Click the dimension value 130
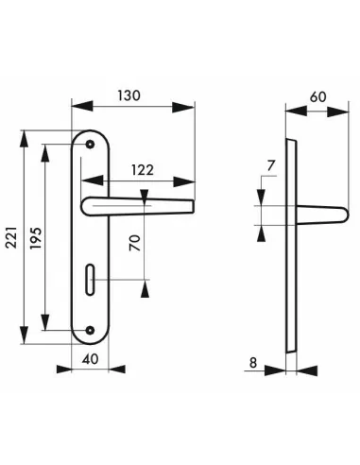click(x=129, y=95)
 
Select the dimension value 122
click(x=143, y=170)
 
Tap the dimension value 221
click(x=11, y=237)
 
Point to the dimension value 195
click(x=36, y=238)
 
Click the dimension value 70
click(x=135, y=243)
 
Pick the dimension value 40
click(x=90, y=359)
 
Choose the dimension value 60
click(x=317, y=96)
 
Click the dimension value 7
click(x=271, y=165)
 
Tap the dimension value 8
click(x=253, y=363)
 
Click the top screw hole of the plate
click(x=91, y=145)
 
